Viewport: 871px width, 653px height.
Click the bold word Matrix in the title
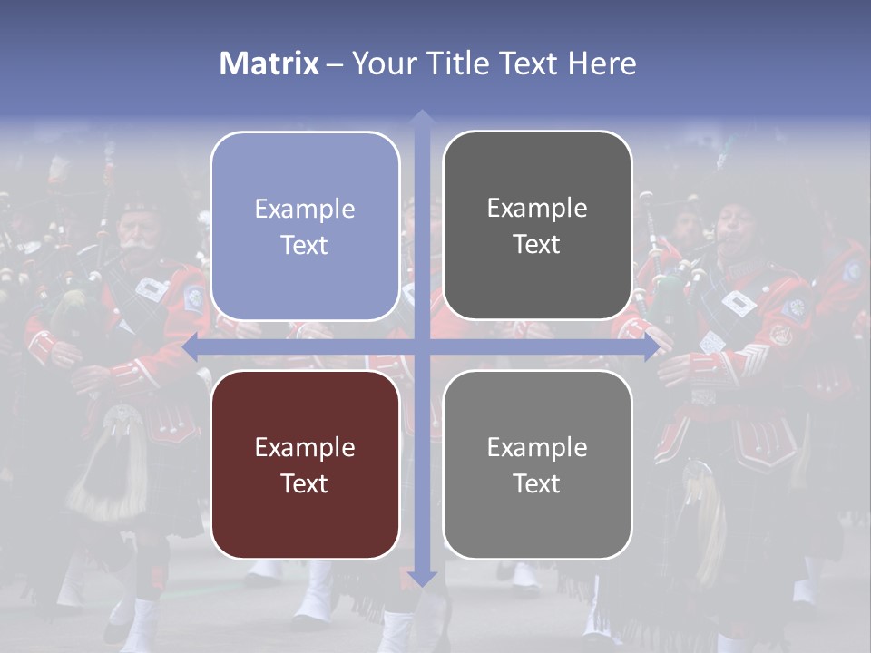coord(269,63)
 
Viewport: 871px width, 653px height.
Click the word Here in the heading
coord(602,63)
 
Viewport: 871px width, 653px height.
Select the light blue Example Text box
coord(305,226)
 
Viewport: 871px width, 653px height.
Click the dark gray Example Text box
coord(537,226)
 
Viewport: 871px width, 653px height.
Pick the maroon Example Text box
coord(305,464)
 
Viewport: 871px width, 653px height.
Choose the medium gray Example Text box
coord(537,464)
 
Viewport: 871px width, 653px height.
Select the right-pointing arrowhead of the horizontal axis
coord(651,347)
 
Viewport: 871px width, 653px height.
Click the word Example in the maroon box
coord(305,447)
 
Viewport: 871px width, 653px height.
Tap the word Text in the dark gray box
coord(537,245)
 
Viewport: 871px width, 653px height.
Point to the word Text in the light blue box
coord(305,245)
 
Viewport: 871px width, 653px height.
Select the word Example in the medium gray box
coord(537,447)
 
